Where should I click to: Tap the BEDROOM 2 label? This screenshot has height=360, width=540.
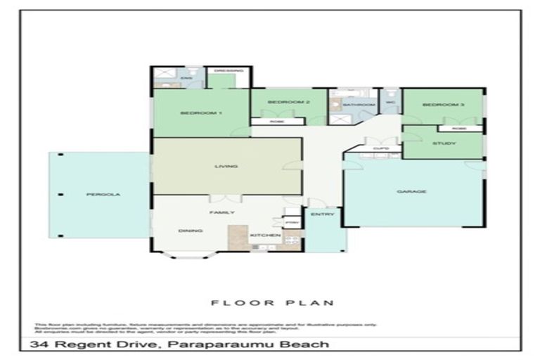(x=288, y=103)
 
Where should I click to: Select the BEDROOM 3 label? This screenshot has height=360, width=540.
(x=443, y=105)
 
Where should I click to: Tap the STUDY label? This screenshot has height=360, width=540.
(x=443, y=143)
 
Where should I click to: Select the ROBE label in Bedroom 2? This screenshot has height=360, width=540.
(x=278, y=121)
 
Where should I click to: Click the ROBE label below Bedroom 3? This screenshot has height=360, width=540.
(x=458, y=129)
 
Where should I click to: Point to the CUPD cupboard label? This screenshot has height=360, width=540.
(x=380, y=148)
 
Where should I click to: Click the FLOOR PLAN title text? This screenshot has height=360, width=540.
(x=269, y=303)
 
